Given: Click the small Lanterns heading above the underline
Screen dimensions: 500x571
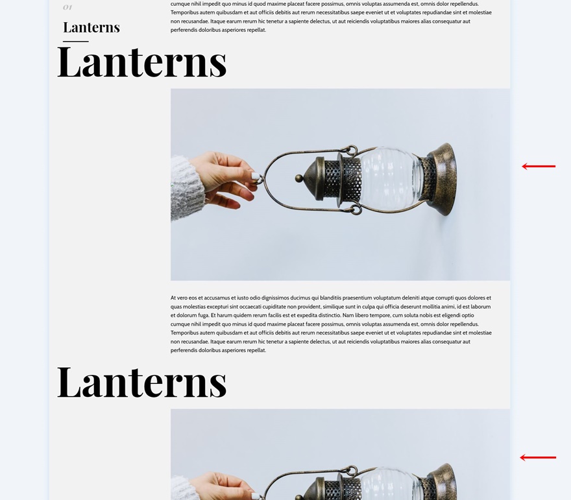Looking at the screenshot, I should [x=91, y=27].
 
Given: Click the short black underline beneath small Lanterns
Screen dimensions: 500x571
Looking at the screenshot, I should [x=75, y=42].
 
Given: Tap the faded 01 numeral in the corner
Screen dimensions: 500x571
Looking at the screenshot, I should [x=67, y=7].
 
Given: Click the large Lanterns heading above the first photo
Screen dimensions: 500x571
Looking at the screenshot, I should [x=141, y=62].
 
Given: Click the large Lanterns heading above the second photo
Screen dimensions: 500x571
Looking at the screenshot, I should [x=141, y=382].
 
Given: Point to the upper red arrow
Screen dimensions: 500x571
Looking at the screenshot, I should [x=539, y=167].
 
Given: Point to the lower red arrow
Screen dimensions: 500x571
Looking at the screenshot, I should [x=538, y=458].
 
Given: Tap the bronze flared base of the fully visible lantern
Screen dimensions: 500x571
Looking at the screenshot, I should [x=441, y=178].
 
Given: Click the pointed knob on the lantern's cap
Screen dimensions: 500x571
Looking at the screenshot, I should [x=298, y=178].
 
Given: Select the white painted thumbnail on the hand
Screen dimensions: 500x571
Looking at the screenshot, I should [x=256, y=175].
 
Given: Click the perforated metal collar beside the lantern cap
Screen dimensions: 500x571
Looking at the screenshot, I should [x=350, y=176].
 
